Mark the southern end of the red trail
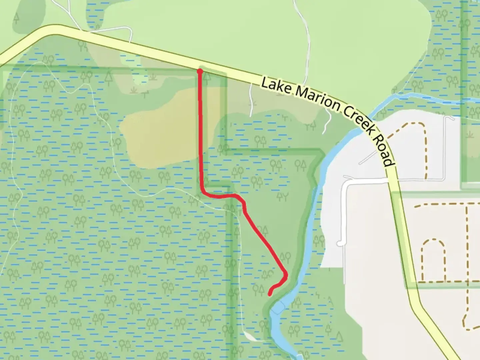click(269, 294)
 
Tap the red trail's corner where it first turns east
click(203, 191)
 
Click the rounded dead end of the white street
click(340, 243)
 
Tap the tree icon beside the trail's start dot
click(207, 77)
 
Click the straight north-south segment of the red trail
click(201, 133)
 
